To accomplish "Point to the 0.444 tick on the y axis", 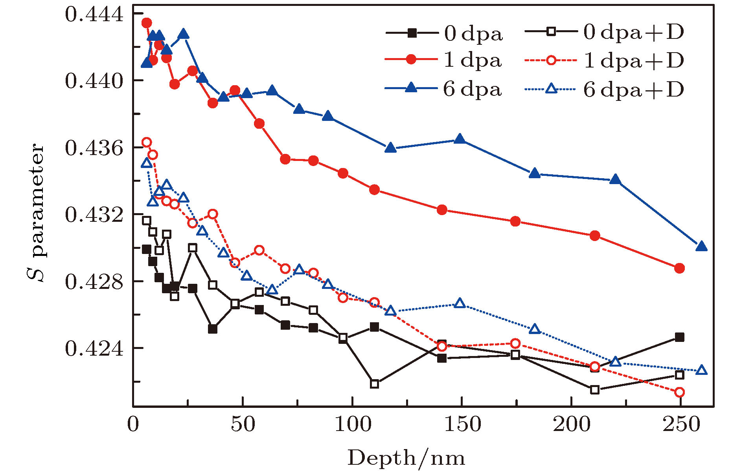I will click(94, 15).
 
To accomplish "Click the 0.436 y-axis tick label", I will click(94, 148).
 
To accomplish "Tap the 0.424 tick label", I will click(94, 349).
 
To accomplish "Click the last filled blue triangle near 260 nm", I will click(701, 247).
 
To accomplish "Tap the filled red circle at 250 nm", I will click(679, 268).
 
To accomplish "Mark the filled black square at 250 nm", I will click(679, 337).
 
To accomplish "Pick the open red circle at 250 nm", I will click(679, 392).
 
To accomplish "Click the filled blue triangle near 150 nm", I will click(460, 139).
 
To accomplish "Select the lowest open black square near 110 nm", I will click(374, 384).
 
